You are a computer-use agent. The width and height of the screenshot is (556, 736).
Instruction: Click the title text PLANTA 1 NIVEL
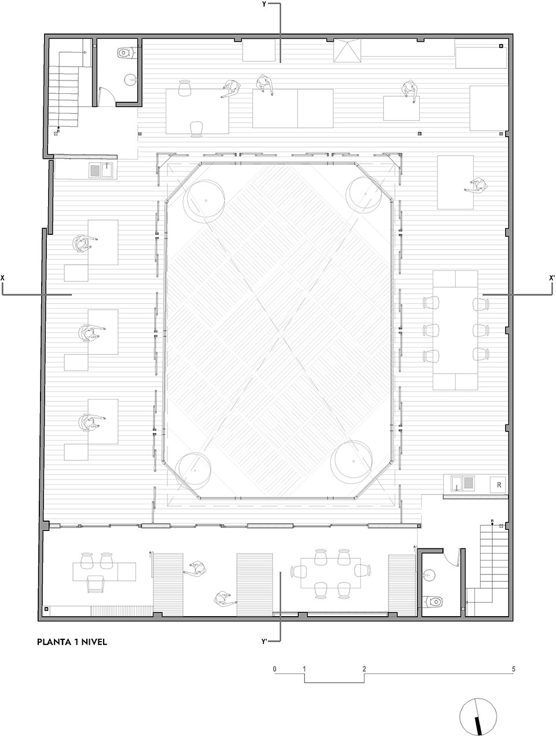(72, 642)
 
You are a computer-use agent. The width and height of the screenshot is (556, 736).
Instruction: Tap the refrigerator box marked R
(498, 485)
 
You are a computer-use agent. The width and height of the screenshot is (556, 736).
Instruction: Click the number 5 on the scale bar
(513, 669)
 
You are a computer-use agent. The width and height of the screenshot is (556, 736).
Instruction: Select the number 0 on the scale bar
(275, 669)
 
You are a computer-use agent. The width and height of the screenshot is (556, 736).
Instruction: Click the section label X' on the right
(551, 278)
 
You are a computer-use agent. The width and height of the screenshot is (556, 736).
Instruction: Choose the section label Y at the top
(265, 5)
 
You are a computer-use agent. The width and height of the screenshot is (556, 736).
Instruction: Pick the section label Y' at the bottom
(265, 642)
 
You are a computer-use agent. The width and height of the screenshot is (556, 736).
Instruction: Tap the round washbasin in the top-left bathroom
(130, 80)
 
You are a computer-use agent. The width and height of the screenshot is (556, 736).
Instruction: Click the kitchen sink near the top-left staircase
(103, 170)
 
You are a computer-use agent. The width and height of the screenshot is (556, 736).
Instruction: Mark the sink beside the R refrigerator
(462, 484)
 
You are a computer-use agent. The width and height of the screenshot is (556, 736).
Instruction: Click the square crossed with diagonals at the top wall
(347, 50)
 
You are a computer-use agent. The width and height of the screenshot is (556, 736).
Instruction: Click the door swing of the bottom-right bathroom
(452, 558)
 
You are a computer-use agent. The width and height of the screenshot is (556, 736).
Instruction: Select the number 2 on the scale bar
(364, 669)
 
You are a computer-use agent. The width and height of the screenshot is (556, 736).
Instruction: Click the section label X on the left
(3, 278)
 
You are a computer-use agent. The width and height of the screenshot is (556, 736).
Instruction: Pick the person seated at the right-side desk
(478, 186)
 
